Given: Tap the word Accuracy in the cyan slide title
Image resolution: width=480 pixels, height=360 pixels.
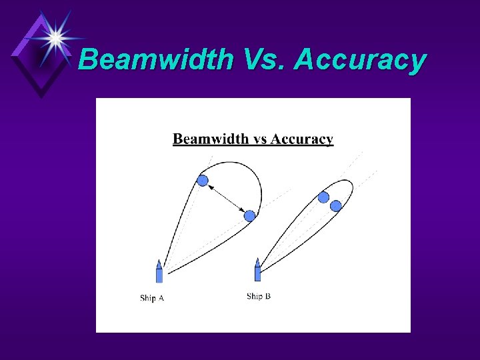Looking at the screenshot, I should [x=360, y=60].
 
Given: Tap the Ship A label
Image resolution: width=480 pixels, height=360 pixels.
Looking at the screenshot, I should [x=152, y=298].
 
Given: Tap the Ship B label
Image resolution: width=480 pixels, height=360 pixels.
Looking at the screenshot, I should [x=259, y=296].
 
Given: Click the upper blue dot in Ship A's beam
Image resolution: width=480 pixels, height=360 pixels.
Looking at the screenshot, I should [x=203, y=180].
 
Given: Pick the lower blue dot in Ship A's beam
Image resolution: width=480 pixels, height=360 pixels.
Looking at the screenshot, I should [x=249, y=215].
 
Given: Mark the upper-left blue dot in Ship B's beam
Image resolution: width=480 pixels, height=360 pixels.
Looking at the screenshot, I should [x=323, y=197].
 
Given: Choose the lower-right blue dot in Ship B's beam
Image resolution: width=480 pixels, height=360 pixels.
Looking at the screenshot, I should [x=336, y=206].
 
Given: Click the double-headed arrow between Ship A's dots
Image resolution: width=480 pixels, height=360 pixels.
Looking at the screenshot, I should [x=226, y=198].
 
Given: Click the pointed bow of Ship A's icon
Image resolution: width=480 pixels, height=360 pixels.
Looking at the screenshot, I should [x=159, y=261].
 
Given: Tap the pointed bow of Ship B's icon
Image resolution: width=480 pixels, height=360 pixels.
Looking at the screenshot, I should [x=258, y=259].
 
